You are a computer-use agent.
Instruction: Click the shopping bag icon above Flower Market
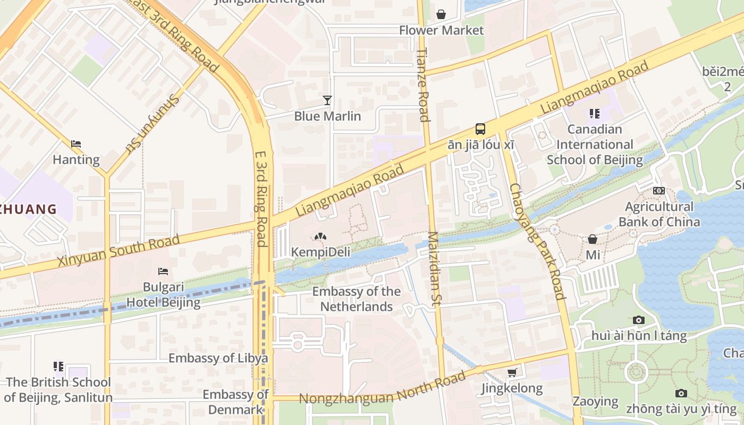(441, 14)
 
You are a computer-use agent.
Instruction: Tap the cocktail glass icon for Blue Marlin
(327, 100)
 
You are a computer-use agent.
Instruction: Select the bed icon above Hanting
(75, 144)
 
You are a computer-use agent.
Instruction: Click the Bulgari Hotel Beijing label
(164, 295)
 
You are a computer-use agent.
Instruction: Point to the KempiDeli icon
(320, 236)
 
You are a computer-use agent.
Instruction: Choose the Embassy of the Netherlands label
(356, 299)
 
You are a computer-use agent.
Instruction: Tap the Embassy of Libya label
(218, 358)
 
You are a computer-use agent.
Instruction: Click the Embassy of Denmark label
(235, 402)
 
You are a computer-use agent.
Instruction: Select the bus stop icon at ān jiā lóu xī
(480, 129)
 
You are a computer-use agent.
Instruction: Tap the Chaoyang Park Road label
(536, 241)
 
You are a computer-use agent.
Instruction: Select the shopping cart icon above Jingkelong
(512, 372)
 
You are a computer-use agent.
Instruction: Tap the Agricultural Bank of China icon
(658, 190)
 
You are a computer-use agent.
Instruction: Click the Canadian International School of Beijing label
(595, 144)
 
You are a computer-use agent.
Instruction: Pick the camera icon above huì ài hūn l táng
(639, 320)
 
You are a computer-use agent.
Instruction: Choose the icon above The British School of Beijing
(58, 366)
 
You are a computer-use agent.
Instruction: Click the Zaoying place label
(595, 401)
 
